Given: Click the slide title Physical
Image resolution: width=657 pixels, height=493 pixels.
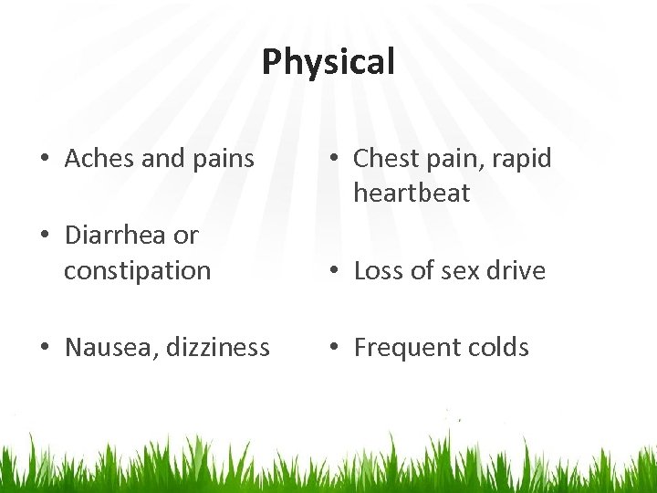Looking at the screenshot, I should [328, 62].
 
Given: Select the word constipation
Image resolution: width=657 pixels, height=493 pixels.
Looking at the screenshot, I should [137, 271].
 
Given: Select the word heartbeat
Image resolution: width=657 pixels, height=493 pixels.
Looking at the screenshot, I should [412, 194].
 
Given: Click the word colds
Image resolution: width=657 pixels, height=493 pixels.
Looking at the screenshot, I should [499, 348].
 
